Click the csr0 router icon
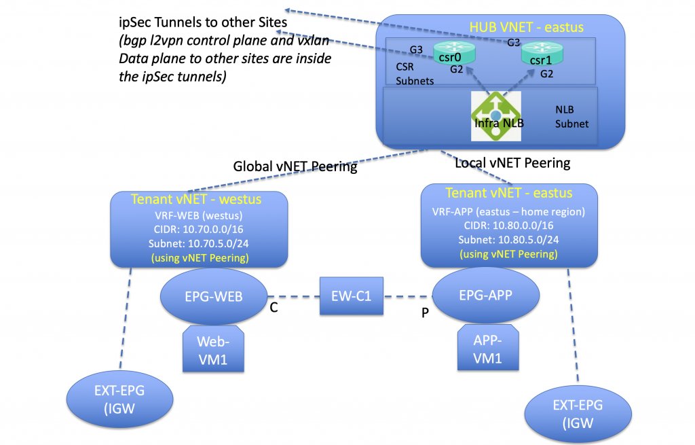point(454,53)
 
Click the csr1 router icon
point(542,54)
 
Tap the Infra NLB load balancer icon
point(496,116)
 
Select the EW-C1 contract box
point(352,296)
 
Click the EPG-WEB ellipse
point(214,296)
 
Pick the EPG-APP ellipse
point(486,295)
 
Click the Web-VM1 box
point(213,349)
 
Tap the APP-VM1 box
point(488,348)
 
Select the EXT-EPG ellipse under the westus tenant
point(119,399)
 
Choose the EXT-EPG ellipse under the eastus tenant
point(578,414)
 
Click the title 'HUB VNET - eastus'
point(526,27)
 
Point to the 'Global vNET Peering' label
point(295,166)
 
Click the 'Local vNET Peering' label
point(512,163)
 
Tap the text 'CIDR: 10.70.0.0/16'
point(199,230)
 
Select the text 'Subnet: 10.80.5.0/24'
point(508,240)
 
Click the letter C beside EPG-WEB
point(274,308)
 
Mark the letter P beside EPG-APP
point(425,313)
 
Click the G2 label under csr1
point(546,74)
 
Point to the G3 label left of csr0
point(416,50)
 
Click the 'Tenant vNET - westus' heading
point(196,199)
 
